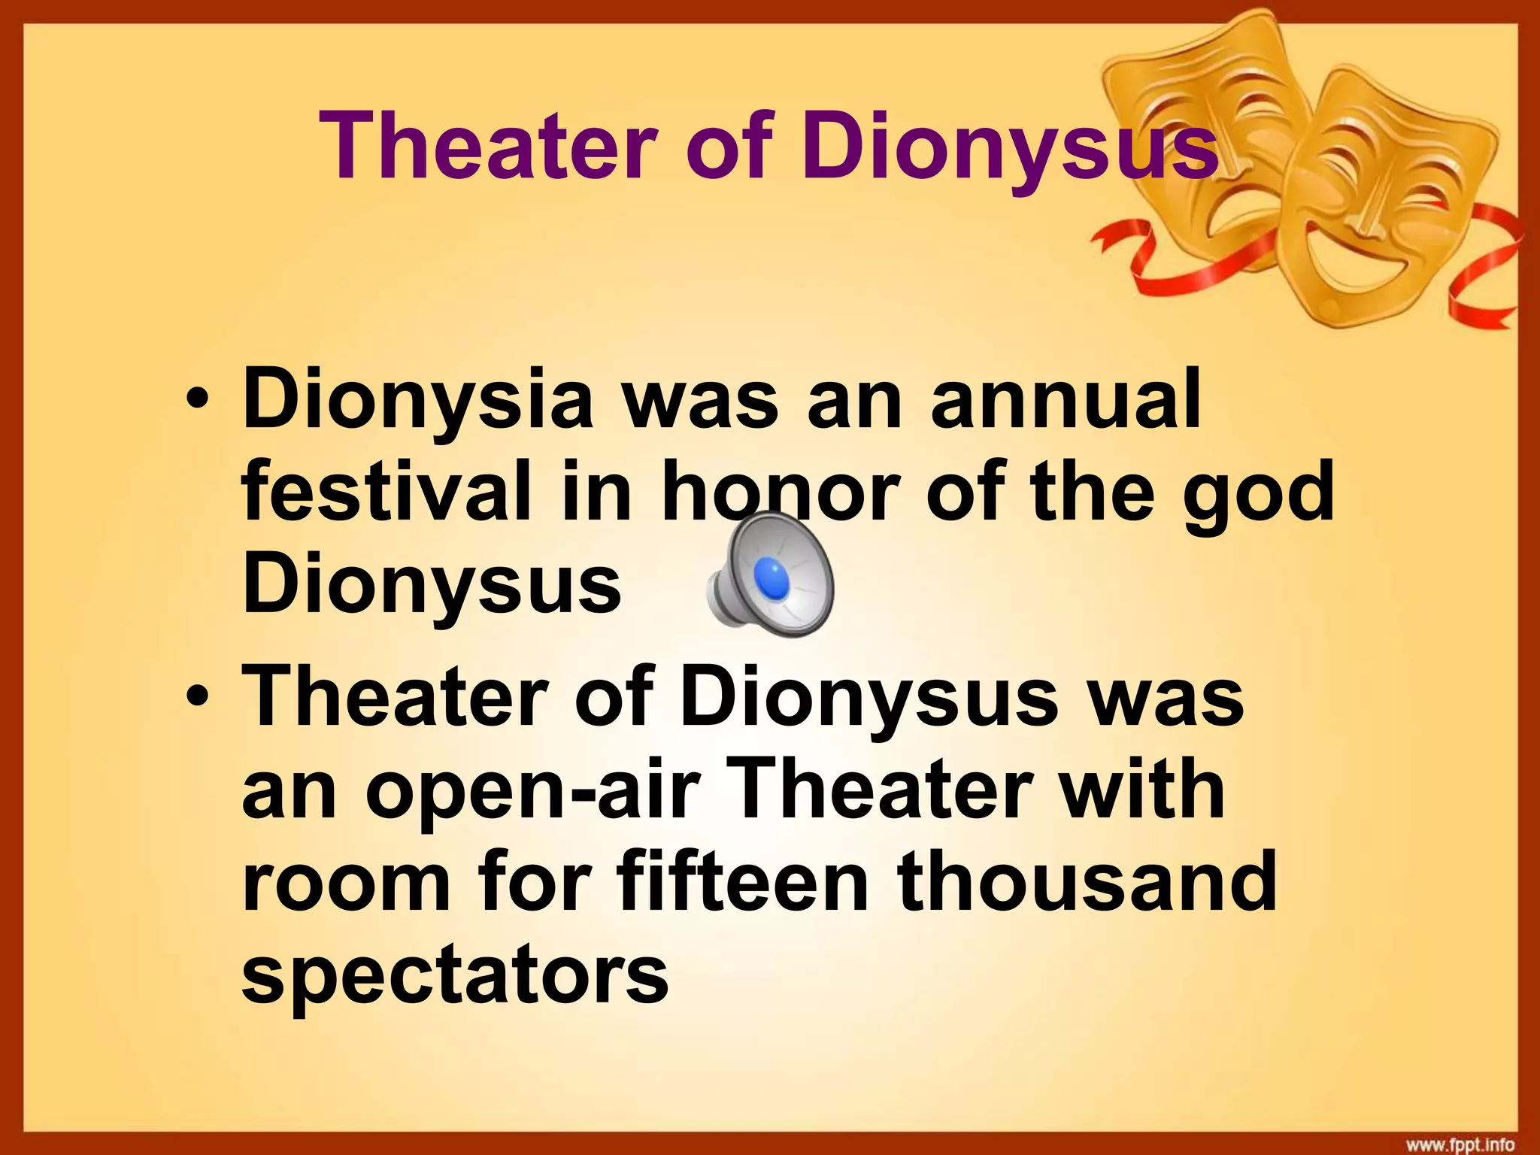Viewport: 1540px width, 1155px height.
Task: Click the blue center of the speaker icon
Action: (775, 577)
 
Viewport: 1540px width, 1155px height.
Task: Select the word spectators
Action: (455, 978)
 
